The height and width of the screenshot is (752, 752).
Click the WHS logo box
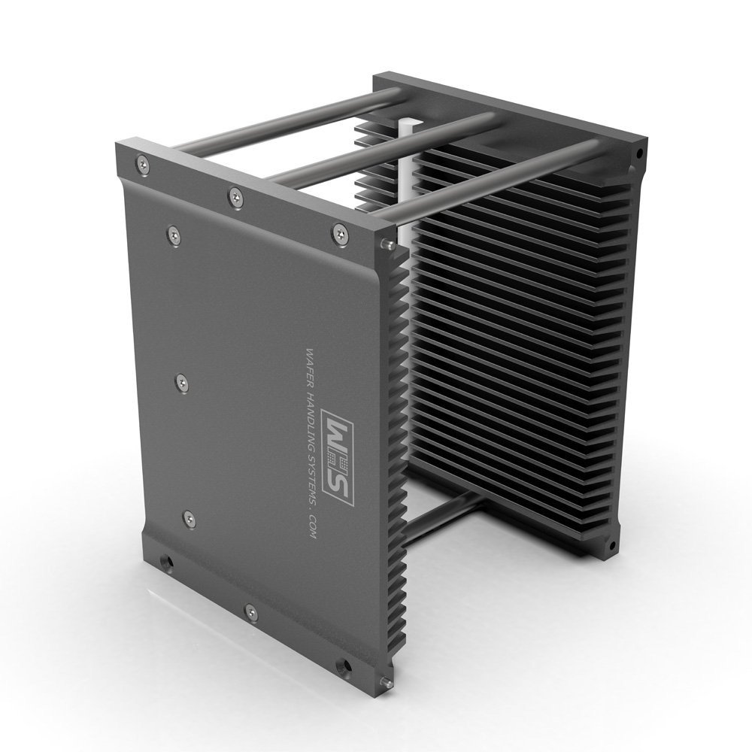[x=338, y=456]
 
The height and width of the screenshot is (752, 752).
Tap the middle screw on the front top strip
[x=235, y=198]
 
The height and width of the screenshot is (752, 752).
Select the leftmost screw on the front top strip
[x=143, y=165]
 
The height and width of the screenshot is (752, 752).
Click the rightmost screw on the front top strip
[x=340, y=235]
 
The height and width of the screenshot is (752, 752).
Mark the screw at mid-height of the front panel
[x=181, y=384]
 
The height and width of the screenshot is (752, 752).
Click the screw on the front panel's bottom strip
[x=251, y=613]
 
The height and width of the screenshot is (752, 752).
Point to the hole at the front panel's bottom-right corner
[x=343, y=666]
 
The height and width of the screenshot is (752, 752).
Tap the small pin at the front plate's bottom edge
[x=386, y=682]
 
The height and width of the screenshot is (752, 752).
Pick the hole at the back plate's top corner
[x=639, y=153]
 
